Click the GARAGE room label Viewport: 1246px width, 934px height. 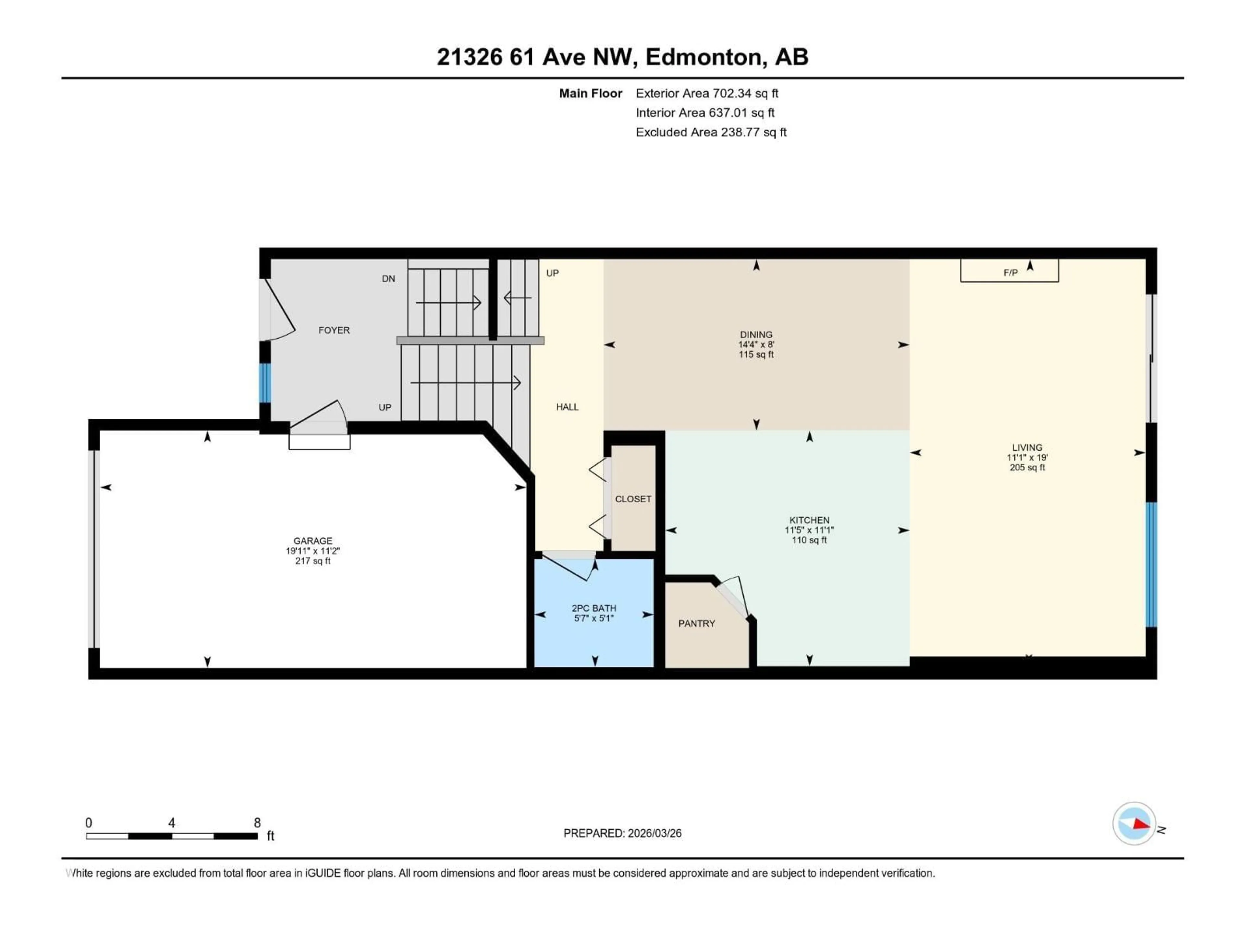click(312, 541)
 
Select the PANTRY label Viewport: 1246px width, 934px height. click(696, 623)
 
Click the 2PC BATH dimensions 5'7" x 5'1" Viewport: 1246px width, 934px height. click(594, 618)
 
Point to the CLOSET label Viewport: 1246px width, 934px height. click(633, 499)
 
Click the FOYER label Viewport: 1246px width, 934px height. click(334, 330)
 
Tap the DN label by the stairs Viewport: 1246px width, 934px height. click(388, 279)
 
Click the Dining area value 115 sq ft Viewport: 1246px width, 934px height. click(756, 355)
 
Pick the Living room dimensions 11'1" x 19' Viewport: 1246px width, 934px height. click(1027, 458)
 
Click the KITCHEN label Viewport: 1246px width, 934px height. click(809, 520)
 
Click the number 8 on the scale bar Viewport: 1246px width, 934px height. click(257, 822)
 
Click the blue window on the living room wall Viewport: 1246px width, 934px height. click(1151, 564)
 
